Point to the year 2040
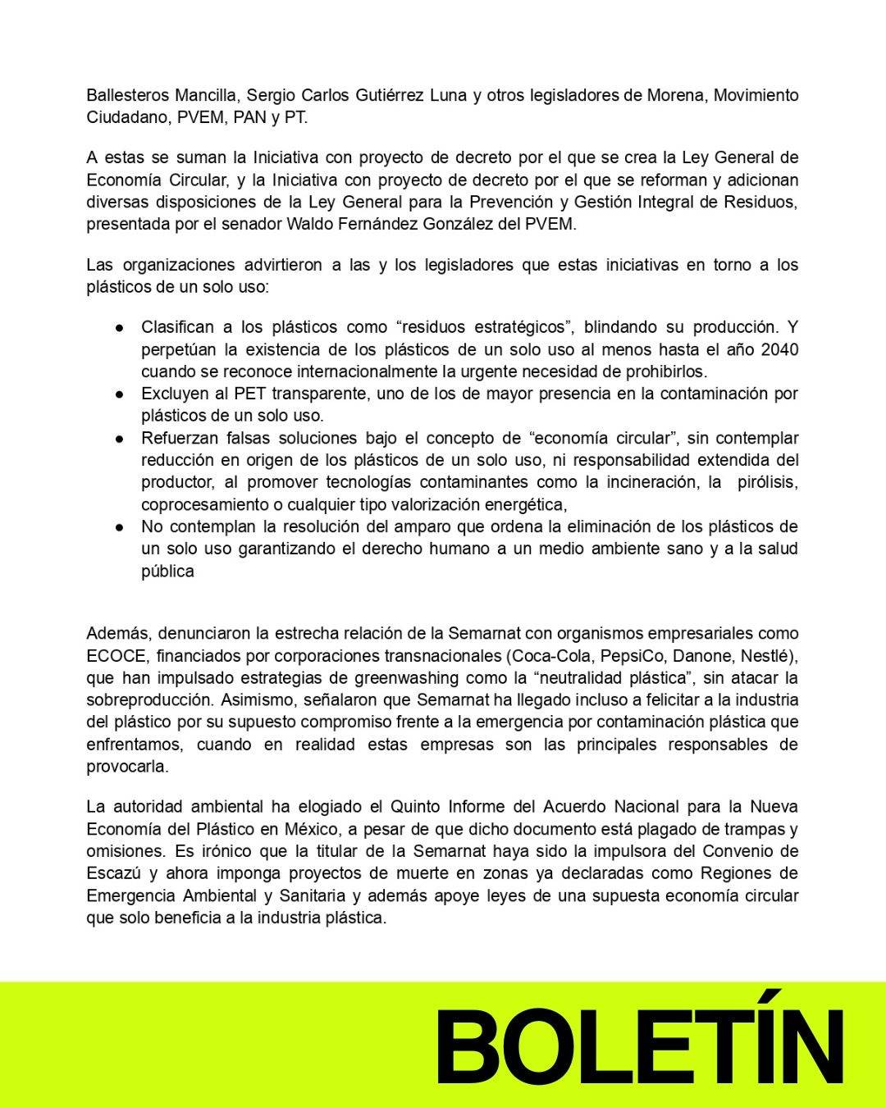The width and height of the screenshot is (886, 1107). (779, 349)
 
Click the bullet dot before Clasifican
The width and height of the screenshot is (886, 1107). (120, 328)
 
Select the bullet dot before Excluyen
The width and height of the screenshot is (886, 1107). (120, 394)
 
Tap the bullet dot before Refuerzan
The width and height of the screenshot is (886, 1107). (120, 439)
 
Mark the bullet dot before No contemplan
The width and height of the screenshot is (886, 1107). (120, 527)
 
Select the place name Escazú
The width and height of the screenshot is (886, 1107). (114, 873)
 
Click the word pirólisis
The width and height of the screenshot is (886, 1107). (766, 482)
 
